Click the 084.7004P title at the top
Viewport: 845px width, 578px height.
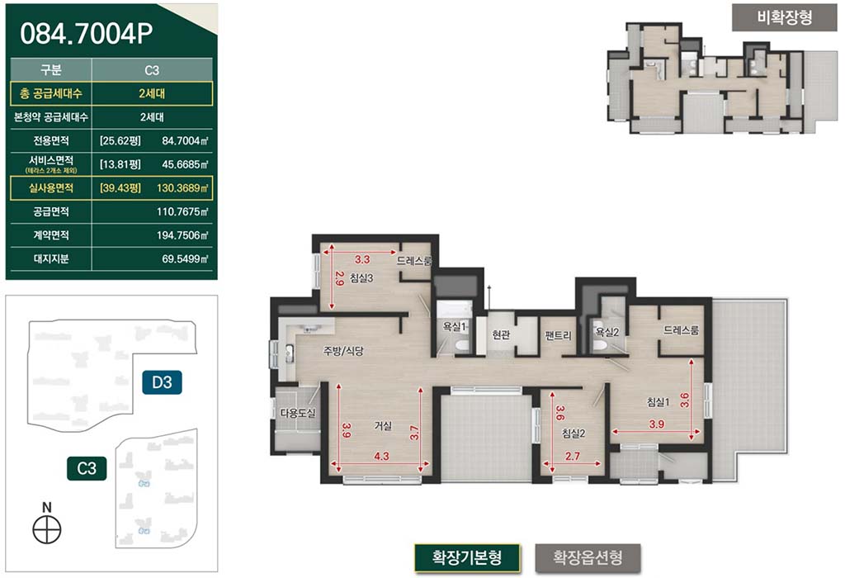pos(86,33)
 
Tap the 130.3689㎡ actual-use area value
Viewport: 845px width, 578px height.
pos(182,188)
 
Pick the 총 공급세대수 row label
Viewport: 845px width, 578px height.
pos(50,93)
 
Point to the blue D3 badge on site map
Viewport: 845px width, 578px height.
pos(163,382)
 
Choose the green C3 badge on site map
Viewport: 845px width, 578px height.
pos(87,468)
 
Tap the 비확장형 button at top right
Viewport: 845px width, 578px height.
pos(784,18)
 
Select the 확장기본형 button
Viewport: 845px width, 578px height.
pos(467,557)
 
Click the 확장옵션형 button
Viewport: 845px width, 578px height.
pos(588,557)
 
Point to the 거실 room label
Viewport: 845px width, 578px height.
pos(383,426)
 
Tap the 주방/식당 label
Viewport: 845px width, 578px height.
pos(343,351)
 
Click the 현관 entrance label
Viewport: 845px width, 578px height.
pos(501,335)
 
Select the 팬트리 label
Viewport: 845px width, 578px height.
pos(559,335)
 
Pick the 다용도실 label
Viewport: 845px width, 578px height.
pos(297,413)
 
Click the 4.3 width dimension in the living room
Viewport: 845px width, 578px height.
pos(381,456)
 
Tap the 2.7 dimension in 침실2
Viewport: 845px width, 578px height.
pos(573,456)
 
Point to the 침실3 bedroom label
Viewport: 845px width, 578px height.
pos(361,278)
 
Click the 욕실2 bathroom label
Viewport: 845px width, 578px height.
pos(607,332)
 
